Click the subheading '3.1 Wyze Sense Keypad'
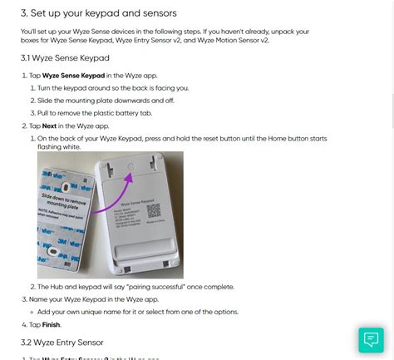(65, 57)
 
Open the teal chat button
(370, 338)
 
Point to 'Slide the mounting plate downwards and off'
(97, 100)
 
